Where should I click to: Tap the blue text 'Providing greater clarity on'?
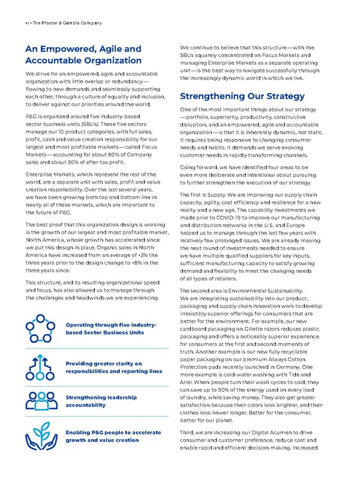click(104, 363)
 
